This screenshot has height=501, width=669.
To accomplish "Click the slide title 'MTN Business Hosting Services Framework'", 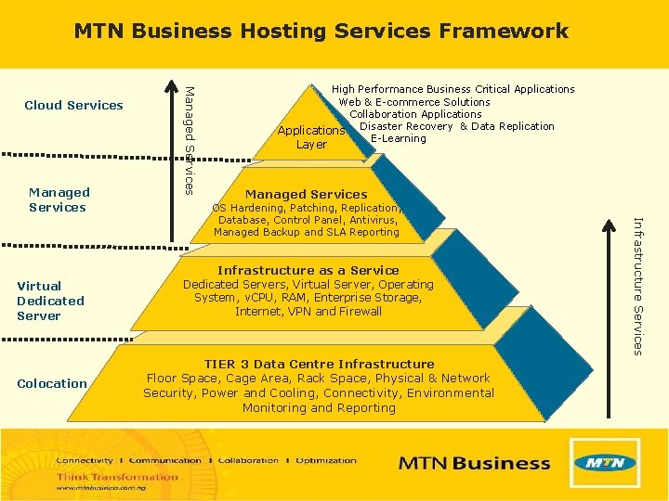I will point(321,31).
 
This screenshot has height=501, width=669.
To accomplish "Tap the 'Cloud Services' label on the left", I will point(73,105).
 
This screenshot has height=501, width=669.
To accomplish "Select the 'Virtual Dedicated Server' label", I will point(50,301).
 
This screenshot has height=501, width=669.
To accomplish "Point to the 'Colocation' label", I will point(52,383).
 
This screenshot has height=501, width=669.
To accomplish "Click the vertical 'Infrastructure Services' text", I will point(637,284).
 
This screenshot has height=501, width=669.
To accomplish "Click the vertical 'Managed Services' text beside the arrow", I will point(189,139).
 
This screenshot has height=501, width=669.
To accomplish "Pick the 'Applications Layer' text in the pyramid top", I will point(311,137).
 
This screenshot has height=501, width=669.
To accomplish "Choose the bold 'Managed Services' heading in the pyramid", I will point(307,194).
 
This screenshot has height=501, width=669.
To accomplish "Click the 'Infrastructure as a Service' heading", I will point(308,270).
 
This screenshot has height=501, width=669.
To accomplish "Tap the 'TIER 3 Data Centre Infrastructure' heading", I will point(320,364).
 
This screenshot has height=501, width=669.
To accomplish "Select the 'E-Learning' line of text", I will point(398,138).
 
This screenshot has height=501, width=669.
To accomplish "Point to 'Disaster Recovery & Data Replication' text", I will point(456,126).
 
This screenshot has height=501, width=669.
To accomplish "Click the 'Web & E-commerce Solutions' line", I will point(414,102).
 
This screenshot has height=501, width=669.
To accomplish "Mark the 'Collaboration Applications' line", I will point(415,114).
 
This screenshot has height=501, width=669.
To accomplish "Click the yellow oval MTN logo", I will point(605,462).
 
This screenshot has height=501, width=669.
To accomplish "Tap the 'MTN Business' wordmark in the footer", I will point(474,463).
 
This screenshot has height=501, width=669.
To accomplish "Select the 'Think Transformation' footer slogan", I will point(117,477).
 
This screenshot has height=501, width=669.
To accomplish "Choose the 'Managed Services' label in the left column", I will point(58,199).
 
